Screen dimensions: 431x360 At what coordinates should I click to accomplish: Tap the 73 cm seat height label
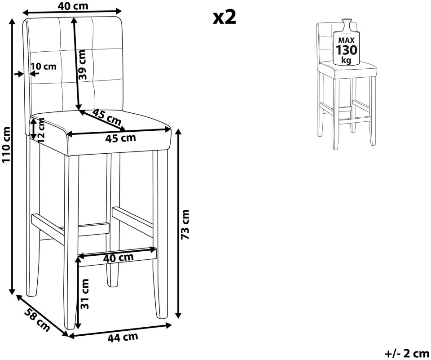[x=185, y=224]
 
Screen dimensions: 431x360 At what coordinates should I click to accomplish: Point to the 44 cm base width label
[x=123, y=337]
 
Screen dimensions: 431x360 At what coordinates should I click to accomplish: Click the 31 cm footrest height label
[x=85, y=293]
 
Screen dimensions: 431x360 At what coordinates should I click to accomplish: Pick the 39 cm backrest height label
[x=82, y=65]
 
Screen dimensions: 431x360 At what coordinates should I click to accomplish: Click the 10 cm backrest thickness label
[x=44, y=67]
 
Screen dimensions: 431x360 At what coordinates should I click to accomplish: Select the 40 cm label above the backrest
[x=73, y=6]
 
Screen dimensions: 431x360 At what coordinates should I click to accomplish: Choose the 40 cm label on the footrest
[x=118, y=258]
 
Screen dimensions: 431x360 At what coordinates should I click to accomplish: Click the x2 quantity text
[x=224, y=18]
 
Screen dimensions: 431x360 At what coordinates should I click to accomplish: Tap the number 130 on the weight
[x=347, y=50]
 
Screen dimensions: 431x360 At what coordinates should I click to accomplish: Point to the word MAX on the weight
[x=346, y=40]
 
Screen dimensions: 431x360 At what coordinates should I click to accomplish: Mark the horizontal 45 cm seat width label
[x=120, y=138]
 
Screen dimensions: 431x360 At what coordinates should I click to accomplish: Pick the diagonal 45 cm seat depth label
[x=107, y=117]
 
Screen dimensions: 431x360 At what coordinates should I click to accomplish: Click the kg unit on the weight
[x=346, y=60]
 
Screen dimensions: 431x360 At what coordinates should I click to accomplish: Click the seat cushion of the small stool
[x=347, y=69]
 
